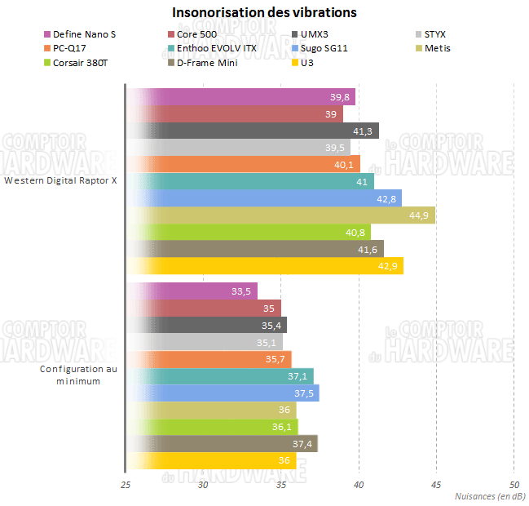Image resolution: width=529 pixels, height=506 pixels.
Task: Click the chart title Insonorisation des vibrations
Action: pos(264,13)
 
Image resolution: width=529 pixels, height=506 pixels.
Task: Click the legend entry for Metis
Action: pos(438,48)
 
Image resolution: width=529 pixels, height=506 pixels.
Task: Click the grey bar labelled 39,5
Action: pos(237,147)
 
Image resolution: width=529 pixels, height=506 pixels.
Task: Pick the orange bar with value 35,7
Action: pos(208,359)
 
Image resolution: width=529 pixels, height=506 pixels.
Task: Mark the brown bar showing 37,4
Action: pos(220,444)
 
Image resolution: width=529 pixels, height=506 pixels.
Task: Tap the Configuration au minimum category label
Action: pos(79,375)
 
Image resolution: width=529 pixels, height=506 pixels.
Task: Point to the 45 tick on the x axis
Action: pos(436,485)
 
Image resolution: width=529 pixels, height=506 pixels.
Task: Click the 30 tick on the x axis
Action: pos(203,485)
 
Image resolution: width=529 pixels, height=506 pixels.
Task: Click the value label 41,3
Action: pos(364,131)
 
